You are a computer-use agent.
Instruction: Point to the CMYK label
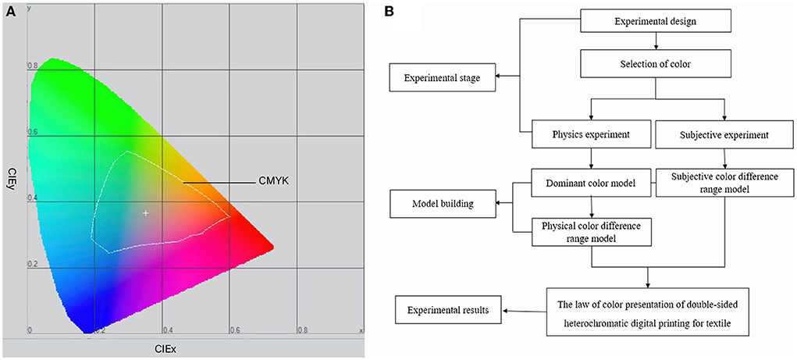click(x=272, y=183)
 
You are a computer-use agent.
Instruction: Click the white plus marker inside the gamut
click(x=145, y=212)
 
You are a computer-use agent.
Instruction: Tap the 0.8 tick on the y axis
click(x=34, y=66)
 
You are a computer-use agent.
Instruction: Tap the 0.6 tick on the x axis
click(x=235, y=330)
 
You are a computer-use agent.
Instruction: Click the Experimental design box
click(x=656, y=21)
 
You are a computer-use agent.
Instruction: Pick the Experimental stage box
click(x=443, y=77)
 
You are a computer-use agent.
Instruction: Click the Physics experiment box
click(x=591, y=134)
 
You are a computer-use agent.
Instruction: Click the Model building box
click(x=443, y=205)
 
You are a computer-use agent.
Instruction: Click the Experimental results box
click(x=449, y=311)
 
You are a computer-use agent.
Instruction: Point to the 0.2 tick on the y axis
click(x=34, y=265)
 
